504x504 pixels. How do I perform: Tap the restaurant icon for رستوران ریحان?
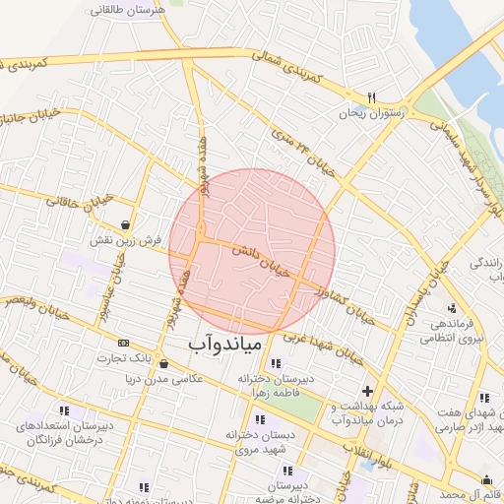pos(371,97)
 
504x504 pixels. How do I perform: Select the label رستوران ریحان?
pos(370,114)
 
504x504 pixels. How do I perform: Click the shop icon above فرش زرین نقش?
pos(124,223)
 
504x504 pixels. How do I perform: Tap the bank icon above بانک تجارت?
pos(123,342)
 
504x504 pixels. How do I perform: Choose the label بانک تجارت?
pos(130,356)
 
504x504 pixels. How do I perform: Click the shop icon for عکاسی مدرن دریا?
pos(162,363)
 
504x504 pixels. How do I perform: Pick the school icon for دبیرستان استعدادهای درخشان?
pos(65,409)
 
